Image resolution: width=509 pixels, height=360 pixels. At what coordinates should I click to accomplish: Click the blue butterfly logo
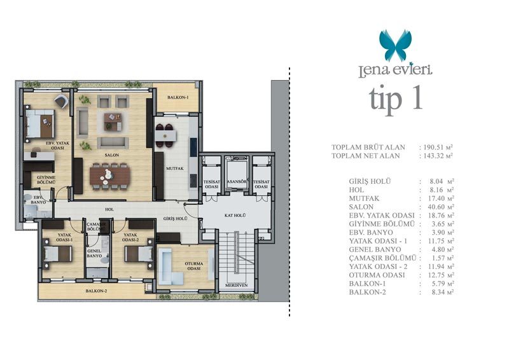[x=395, y=45]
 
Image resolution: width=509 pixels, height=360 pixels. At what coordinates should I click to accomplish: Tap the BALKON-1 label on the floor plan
[x=178, y=97]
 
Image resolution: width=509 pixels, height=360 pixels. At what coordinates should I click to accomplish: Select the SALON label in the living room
[x=112, y=155]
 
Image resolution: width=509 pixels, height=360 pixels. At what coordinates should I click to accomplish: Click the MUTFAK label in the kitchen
[x=175, y=169]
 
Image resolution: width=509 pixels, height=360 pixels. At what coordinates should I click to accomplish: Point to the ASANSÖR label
[x=237, y=182]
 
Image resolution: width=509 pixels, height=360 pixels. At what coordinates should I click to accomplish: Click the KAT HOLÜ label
[x=235, y=215]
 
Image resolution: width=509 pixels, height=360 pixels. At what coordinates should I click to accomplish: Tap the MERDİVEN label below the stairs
[x=236, y=286]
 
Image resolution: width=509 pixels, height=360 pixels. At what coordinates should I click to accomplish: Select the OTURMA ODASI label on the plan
[x=194, y=267]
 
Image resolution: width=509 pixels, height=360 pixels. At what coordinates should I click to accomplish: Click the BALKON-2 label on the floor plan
[x=96, y=291]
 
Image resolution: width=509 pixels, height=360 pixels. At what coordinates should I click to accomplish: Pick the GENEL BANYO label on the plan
[x=94, y=253]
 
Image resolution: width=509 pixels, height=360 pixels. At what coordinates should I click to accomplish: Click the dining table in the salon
[x=109, y=176]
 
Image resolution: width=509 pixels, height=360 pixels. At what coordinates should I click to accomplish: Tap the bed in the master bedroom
[x=40, y=123]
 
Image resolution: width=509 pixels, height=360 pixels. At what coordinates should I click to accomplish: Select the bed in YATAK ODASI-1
[x=57, y=253]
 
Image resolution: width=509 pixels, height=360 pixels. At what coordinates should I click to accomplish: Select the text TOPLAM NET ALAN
[x=365, y=156]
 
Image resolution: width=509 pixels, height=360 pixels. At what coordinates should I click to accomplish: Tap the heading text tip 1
[x=395, y=99]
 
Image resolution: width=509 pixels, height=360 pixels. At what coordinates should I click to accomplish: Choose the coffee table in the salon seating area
[x=113, y=121]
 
